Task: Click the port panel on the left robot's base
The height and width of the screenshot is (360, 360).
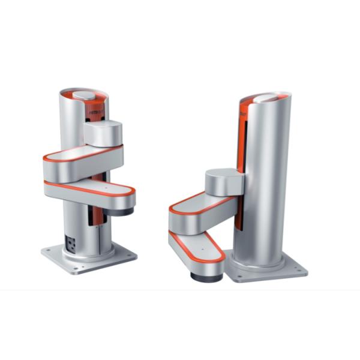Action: (x=71, y=243)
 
